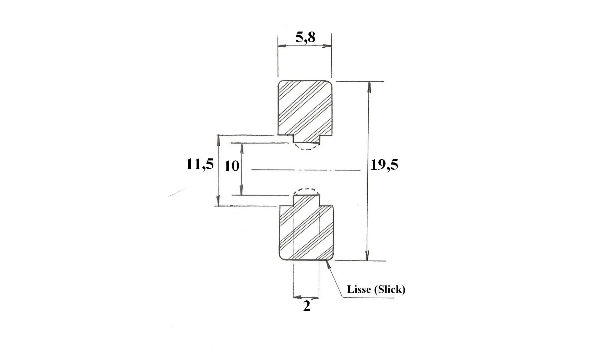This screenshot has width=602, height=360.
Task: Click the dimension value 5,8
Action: click(x=305, y=37)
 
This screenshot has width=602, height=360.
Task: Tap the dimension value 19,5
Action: click(x=384, y=165)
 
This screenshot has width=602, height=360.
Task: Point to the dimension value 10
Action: click(x=232, y=166)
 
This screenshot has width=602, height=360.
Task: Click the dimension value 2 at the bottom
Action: click(x=307, y=306)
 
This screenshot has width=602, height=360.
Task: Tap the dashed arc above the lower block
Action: click(x=307, y=189)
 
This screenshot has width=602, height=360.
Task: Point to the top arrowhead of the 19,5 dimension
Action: click(x=369, y=87)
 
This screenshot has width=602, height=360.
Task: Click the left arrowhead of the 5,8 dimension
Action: click(x=283, y=46)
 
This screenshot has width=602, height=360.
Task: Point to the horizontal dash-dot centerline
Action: click(x=306, y=169)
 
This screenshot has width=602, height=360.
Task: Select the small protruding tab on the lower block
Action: click(x=307, y=200)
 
